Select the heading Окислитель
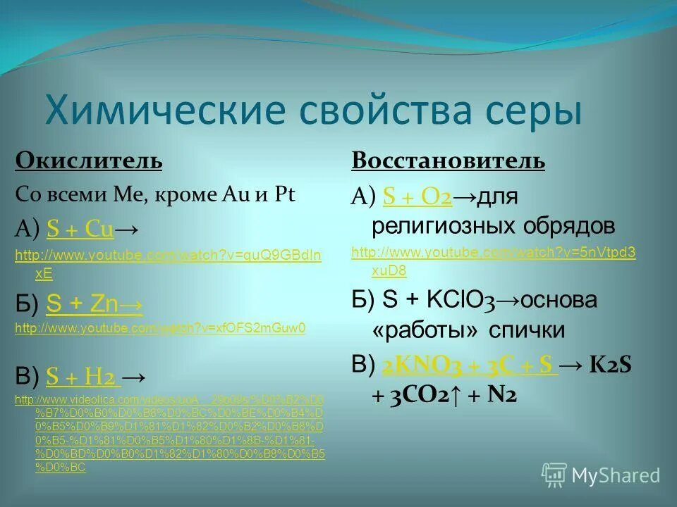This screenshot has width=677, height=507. pos(89,161)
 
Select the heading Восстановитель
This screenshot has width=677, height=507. pos(448,161)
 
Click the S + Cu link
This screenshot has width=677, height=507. pos(80,228)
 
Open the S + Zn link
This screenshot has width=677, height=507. pos(94,303)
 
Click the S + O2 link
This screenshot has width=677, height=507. pos(417,198)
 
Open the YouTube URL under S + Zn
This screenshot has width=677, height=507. pos(160,328)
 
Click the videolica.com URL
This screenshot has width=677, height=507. pos(169,400)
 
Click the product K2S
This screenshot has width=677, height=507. pos(610,365)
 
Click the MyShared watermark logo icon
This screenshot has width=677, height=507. pos(554,475)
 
